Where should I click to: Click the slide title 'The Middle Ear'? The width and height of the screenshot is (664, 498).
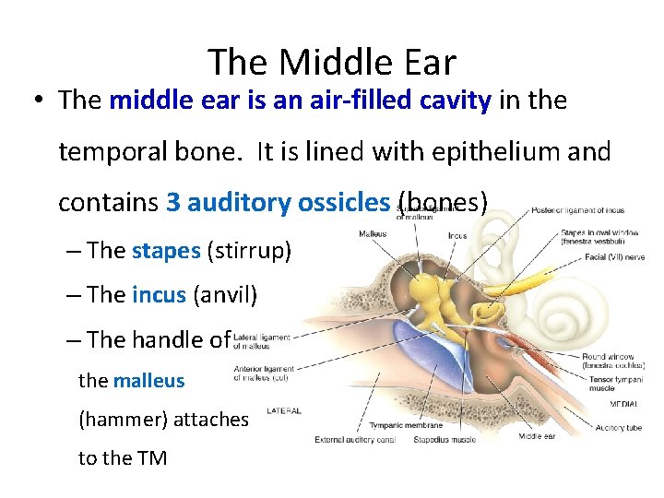pyautogui.click(x=332, y=63)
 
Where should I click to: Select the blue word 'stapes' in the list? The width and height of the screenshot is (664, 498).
pyautogui.click(x=165, y=250)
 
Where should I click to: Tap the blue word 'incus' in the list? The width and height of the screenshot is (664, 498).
pyautogui.click(x=160, y=294)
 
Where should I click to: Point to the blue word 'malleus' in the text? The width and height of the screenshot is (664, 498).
pyautogui.click(x=148, y=380)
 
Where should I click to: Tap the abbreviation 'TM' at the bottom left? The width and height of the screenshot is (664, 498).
pyautogui.click(x=150, y=457)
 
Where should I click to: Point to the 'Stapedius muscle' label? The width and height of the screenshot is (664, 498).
pyautogui.click(x=445, y=440)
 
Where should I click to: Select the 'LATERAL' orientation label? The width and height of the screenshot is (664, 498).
pyautogui.click(x=284, y=409)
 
